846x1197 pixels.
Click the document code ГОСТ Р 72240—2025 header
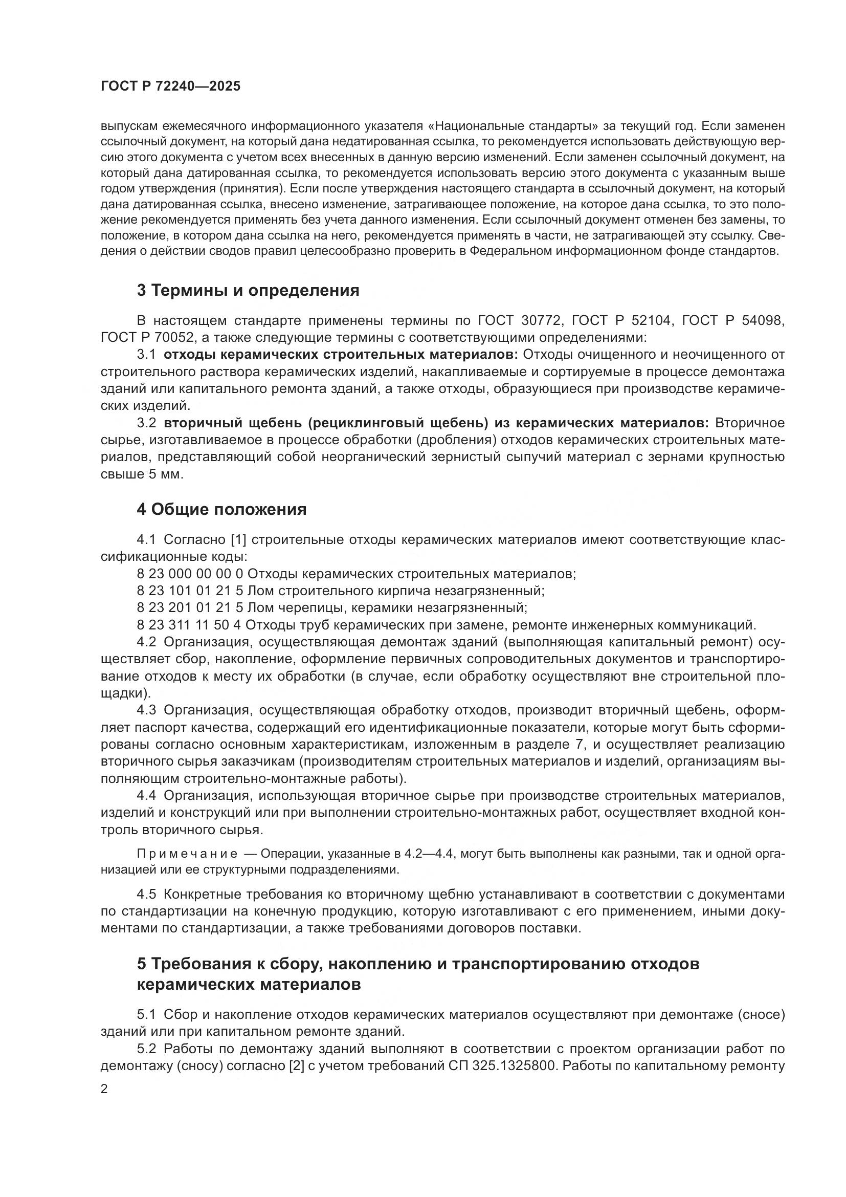click(x=170, y=86)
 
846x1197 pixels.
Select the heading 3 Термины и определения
click(x=248, y=290)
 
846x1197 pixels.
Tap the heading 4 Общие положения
click(x=221, y=509)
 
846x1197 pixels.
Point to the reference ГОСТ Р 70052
click(x=147, y=337)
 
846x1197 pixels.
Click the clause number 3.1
click(x=146, y=355)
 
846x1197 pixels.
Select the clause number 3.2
click(x=146, y=423)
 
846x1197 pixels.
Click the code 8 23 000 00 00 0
click(x=190, y=574)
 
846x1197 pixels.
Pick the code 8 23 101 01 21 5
click(x=190, y=591)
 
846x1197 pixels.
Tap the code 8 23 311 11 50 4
click(x=190, y=624)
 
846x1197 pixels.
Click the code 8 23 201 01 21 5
click(x=190, y=608)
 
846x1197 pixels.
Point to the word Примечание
click(x=187, y=854)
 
